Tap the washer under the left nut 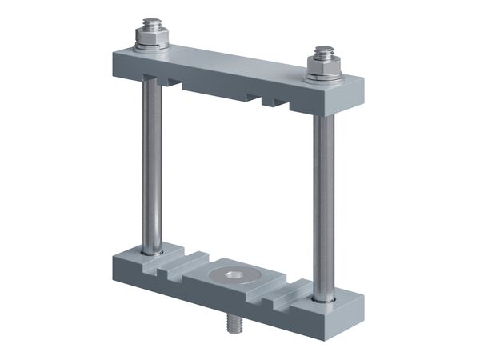tap(151, 46)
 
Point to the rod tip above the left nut tap(150, 24)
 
